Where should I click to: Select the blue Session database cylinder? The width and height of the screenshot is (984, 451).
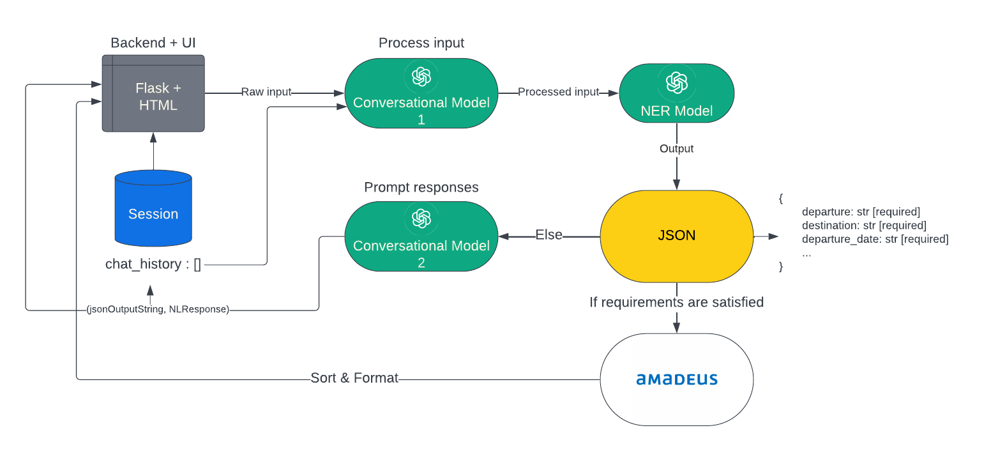tap(153, 208)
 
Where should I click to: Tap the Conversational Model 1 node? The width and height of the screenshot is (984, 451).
tap(421, 93)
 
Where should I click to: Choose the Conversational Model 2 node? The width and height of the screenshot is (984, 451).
tap(421, 236)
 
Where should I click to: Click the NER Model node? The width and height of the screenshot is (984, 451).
tap(676, 93)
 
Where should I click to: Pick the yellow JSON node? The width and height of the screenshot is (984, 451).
tap(676, 236)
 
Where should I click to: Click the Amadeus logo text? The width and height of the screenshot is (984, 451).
tap(677, 379)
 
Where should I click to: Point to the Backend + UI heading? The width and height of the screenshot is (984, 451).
tap(153, 43)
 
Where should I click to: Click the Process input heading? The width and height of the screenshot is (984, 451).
tap(421, 43)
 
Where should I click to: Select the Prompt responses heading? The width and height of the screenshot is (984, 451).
tap(421, 187)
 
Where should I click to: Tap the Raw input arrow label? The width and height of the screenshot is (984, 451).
tap(266, 92)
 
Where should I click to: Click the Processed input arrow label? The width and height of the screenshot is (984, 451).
tap(559, 92)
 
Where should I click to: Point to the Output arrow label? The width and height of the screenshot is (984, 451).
tap(676, 149)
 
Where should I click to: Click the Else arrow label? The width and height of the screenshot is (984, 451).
tap(549, 235)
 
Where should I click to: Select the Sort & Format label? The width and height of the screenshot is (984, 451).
tap(354, 378)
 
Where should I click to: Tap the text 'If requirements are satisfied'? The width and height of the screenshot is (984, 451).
tap(676, 302)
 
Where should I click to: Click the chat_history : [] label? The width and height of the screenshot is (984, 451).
tap(153, 264)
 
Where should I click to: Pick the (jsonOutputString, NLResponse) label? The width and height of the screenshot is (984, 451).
tap(158, 310)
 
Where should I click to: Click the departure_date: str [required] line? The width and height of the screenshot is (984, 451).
tap(875, 240)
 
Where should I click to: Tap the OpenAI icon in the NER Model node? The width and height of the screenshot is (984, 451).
tap(676, 82)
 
